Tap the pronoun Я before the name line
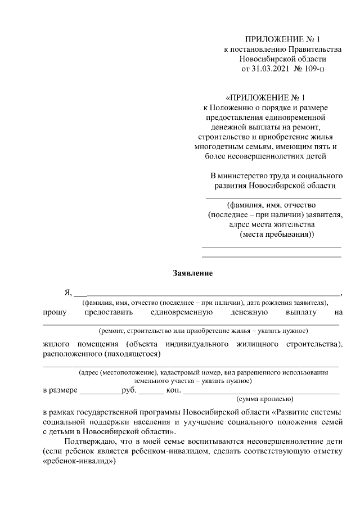[x=68, y=292]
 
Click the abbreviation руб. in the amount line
[x=123, y=390]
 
